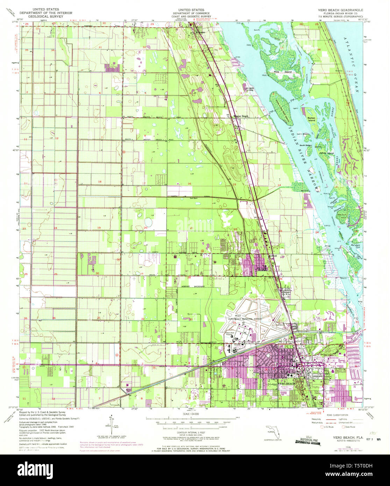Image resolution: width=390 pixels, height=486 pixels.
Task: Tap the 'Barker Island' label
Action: point(311,119)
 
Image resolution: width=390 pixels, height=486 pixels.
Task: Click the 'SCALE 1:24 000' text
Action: point(190,414)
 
